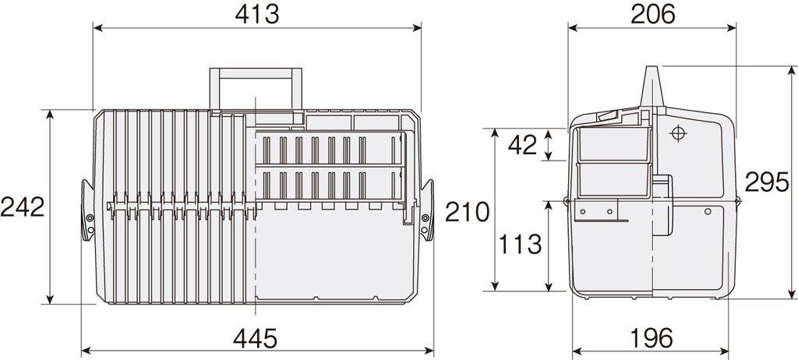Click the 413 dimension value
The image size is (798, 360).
[x=256, y=14]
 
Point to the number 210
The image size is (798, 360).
[x=468, y=210]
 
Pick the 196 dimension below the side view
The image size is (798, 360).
[x=651, y=337]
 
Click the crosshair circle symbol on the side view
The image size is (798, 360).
[x=676, y=133]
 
